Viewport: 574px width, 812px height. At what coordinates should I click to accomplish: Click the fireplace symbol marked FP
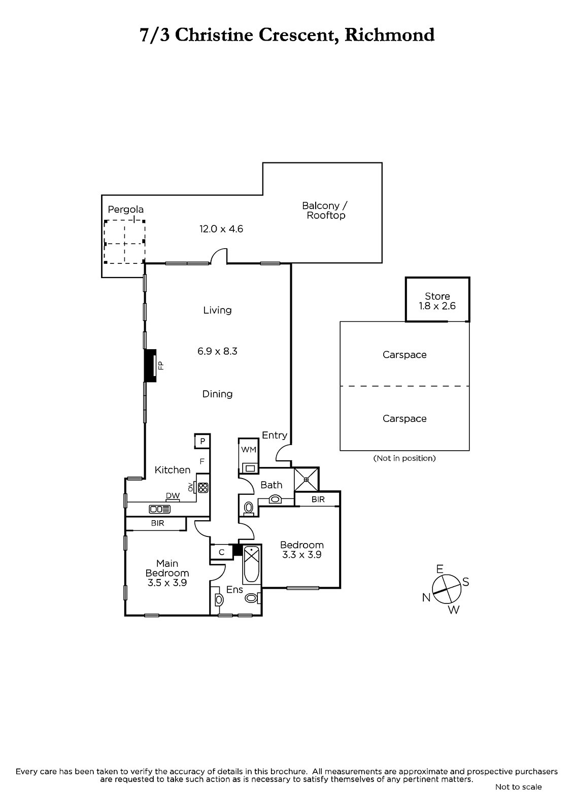[x=151, y=365]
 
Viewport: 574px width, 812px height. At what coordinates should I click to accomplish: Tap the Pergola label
[x=125, y=210]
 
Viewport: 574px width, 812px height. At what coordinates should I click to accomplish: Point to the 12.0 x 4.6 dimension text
[x=221, y=229]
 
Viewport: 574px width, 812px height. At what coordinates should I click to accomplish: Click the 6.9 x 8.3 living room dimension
[x=217, y=351]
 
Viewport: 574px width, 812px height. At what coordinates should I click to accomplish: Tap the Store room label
[x=437, y=296]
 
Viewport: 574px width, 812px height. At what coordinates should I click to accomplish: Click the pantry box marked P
[x=202, y=441]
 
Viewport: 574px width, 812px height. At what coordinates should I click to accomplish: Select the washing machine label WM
[x=249, y=450]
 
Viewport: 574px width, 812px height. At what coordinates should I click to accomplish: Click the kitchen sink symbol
[x=159, y=510]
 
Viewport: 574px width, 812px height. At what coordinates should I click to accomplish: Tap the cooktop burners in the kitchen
[x=203, y=488]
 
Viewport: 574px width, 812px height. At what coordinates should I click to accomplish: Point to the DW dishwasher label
[x=173, y=495]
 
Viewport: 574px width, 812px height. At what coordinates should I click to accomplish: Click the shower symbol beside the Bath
[x=306, y=479]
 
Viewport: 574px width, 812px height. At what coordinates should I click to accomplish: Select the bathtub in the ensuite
[x=252, y=564]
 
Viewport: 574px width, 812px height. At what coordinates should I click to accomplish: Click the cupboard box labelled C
[x=222, y=553]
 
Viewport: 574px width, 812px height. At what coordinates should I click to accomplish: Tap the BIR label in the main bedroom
[x=158, y=523]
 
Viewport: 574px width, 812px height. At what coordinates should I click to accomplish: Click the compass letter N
[x=426, y=597]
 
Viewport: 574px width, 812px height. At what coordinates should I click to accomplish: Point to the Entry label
[x=275, y=435]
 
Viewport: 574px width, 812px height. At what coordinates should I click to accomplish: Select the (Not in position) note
[x=404, y=458]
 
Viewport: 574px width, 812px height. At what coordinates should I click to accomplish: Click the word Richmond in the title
[x=389, y=35]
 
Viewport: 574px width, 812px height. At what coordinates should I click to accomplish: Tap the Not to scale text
[x=519, y=787]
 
